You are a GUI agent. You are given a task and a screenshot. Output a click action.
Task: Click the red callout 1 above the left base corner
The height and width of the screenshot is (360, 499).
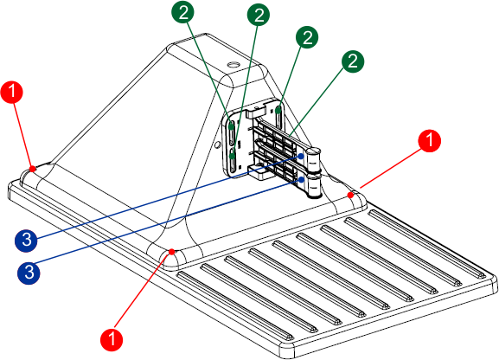click(x=12, y=92)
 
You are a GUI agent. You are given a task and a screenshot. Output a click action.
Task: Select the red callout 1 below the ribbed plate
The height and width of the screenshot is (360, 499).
click(x=112, y=339)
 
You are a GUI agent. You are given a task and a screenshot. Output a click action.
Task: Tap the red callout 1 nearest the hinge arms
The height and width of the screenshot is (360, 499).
click(x=430, y=140)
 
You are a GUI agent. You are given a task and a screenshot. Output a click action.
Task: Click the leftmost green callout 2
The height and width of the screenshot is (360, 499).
click(x=183, y=13)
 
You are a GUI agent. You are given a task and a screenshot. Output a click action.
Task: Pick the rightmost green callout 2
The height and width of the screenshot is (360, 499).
click(x=353, y=61)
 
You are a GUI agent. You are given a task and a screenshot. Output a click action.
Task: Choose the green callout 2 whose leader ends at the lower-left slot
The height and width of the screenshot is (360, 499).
click(x=259, y=16)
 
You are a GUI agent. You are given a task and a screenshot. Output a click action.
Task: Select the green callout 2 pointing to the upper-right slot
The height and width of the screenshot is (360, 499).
click(x=307, y=37)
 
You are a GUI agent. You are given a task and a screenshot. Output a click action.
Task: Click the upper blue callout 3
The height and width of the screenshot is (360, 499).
click(x=26, y=241)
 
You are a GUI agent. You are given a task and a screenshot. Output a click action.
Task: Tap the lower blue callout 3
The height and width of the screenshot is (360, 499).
click(x=29, y=273)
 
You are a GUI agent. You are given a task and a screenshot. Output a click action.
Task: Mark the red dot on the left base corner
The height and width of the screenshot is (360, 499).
click(x=32, y=169)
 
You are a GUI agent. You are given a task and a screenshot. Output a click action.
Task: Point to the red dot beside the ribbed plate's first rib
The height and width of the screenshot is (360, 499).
click(x=172, y=252)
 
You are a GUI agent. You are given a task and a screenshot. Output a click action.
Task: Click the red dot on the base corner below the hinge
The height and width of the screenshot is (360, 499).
click(x=350, y=195)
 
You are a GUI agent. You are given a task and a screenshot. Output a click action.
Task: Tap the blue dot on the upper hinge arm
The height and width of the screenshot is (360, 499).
click(x=301, y=157)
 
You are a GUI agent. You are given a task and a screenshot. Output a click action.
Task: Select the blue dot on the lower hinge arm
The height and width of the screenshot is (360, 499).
click(x=301, y=180)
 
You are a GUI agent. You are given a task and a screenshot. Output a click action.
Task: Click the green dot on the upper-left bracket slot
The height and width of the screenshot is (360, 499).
click(x=232, y=127)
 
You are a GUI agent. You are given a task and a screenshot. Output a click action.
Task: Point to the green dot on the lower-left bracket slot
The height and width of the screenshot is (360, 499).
click(x=233, y=156)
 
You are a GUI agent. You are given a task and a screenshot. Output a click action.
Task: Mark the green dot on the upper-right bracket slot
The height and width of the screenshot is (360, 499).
click(x=278, y=111)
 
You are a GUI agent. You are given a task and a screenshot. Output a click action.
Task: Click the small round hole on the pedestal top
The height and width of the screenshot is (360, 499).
click(x=234, y=65)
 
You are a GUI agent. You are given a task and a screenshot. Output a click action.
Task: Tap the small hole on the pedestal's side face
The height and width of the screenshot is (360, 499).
click(x=218, y=145)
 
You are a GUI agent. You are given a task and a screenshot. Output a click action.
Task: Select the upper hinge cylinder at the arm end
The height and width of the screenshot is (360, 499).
click(x=315, y=158)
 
